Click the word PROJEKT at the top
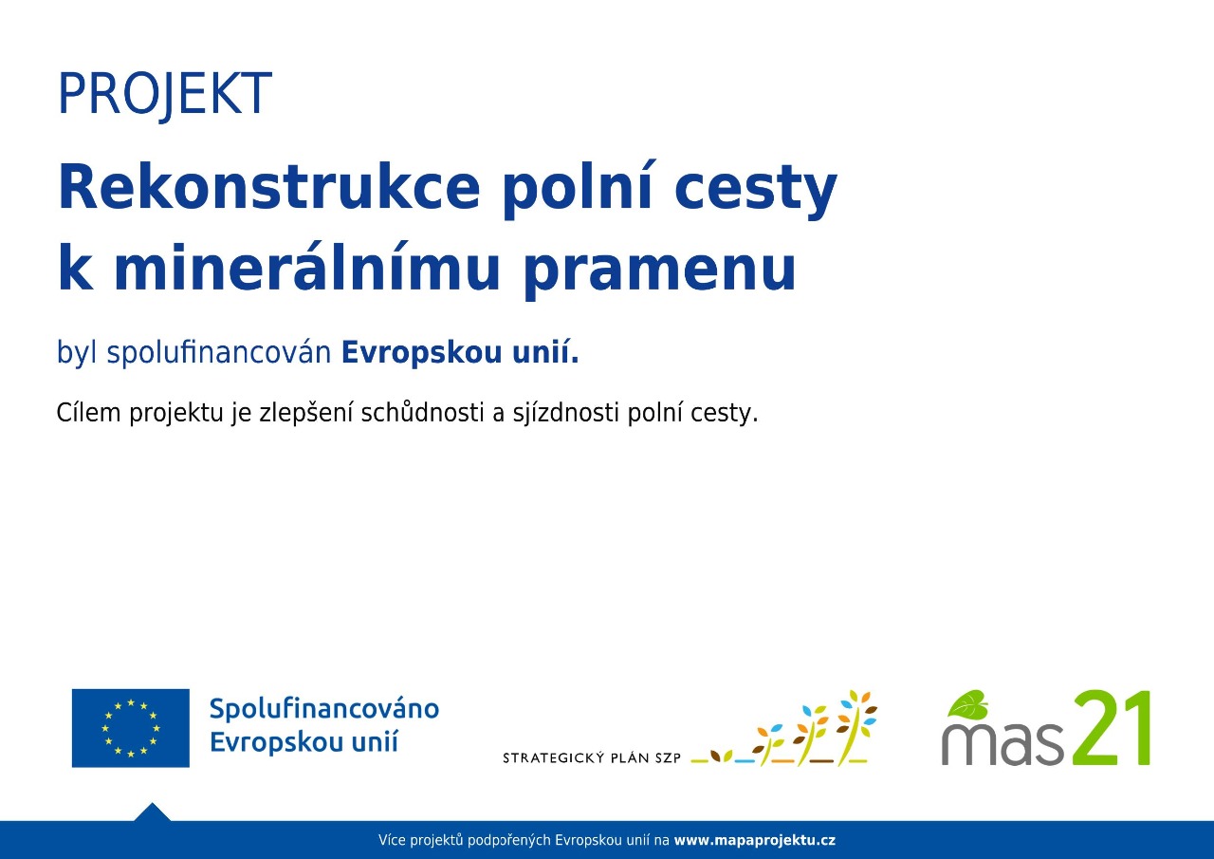click(x=164, y=94)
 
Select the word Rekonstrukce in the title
click(x=268, y=186)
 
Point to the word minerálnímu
click(x=306, y=266)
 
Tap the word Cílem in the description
click(x=88, y=413)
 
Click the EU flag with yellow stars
click(x=131, y=728)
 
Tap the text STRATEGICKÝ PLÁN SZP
click(x=591, y=757)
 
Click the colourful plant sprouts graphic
click(x=783, y=728)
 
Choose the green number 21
click(x=1110, y=727)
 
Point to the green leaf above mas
click(x=967, y=704)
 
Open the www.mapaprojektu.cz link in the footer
click(x=754, y=841)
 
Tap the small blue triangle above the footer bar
click(x=153, y=812)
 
